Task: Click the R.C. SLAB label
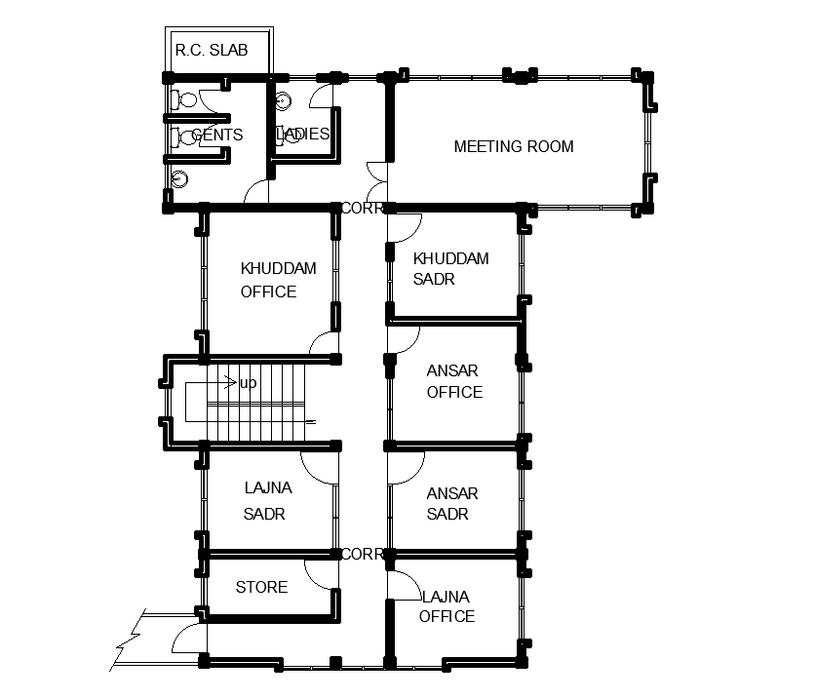[x=212, y=50]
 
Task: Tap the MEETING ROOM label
[x=514, y=147]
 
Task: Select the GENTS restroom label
[x=217, y=135]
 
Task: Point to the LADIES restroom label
[x=302, y=134]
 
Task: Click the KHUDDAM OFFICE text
[x=279, y=280]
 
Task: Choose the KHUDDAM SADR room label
[x=450, y=268]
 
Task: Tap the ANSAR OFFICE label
[x=454, y=381]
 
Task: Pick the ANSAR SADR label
[x=452, y=504]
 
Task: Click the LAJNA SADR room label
[x=268, y=501]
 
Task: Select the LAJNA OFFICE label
[x=447, y=606]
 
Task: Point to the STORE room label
[x=262, y=587]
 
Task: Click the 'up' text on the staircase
[x=249, y=383]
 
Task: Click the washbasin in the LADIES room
[x=283, y=101]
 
